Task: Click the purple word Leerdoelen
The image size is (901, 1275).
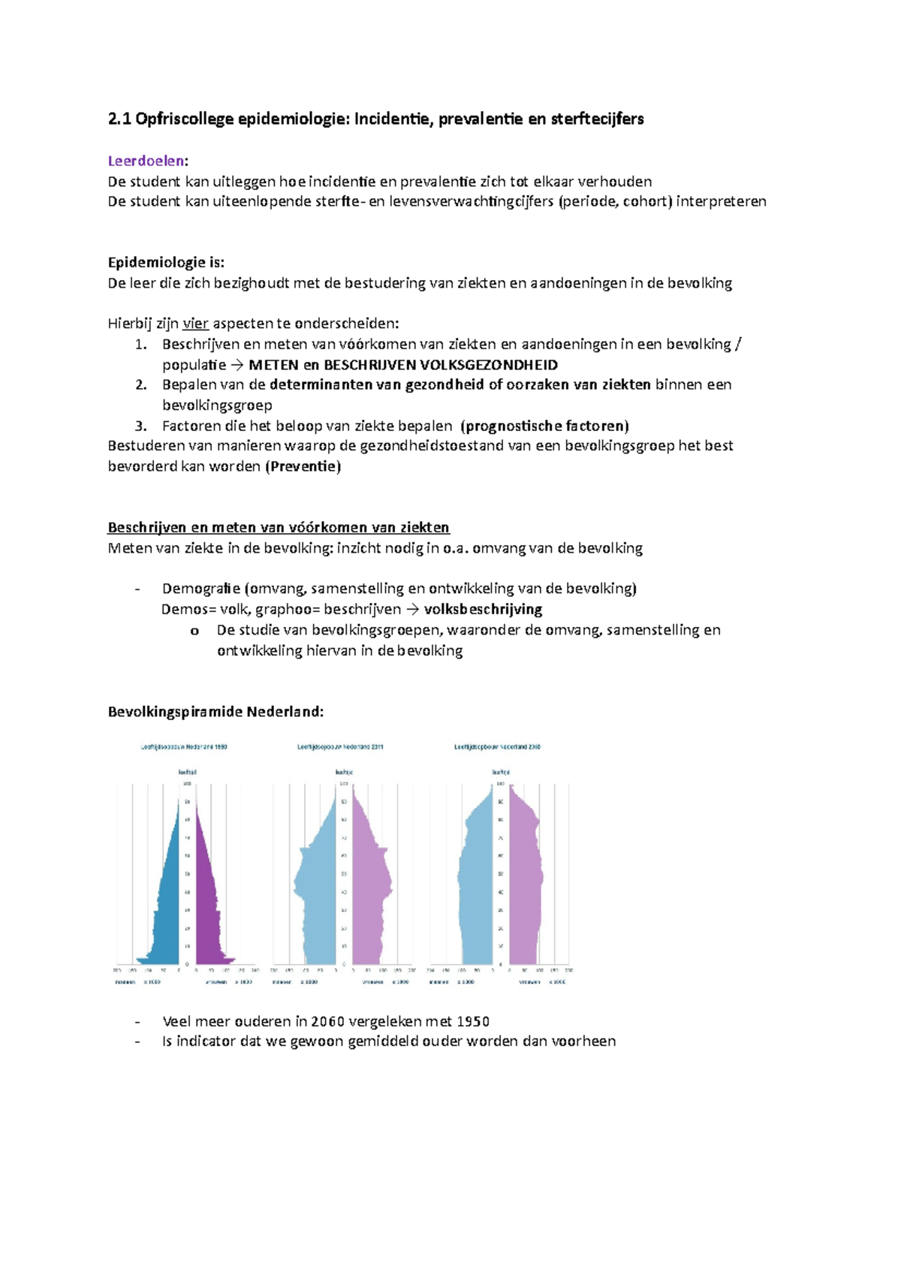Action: (146, 161)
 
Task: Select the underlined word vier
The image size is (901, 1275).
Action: (195, 324)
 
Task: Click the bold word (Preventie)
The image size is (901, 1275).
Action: (303, 466)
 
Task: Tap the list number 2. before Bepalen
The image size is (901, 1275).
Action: (141, 384)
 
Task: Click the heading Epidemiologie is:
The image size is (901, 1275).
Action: (166, 262)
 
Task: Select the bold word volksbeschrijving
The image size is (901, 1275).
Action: (483, 609)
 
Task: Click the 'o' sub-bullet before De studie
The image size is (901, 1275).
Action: (194, 631)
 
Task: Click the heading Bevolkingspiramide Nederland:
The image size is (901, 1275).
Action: (215, 712)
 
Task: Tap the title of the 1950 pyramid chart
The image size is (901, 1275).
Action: (184, 747)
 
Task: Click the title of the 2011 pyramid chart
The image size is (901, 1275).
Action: (341, 747)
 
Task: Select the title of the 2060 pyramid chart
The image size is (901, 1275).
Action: (497, 747)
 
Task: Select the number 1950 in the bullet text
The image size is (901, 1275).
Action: (473, 1022)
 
